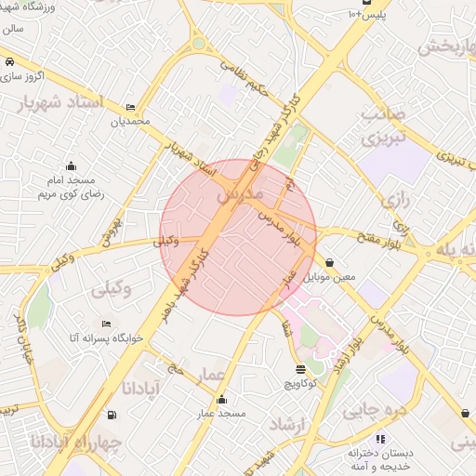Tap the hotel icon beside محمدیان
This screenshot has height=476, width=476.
pyautogui.click(x=129, y=108)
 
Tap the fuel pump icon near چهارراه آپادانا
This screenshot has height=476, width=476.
pyautogui.click(x=112, y=415)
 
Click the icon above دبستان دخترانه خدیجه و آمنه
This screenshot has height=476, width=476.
pyautogui.click(x=378, y=438)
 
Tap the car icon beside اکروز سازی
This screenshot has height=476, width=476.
pyautogui.click(x=8, y=60)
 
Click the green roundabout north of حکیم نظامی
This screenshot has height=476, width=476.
pyautogui.click(x=198, y=43)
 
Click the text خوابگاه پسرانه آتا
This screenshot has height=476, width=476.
pyautogui.click(x=154, y=338)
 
